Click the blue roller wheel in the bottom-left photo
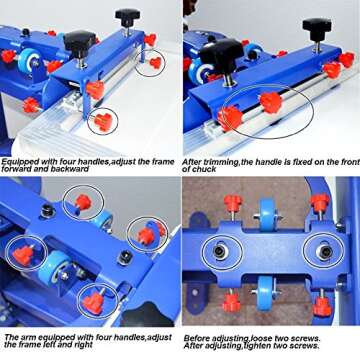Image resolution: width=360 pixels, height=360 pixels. pos(55,265)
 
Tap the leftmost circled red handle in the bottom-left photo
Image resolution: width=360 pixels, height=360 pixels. pos(22,253)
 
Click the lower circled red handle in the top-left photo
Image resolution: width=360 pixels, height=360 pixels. pos(101,122)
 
